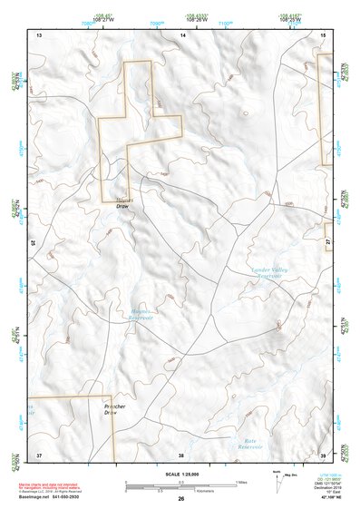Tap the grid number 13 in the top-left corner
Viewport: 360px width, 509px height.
39,34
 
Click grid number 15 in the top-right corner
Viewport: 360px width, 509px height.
324,34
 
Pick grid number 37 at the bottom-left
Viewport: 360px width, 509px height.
39,454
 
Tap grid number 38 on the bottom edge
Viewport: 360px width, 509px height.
181,454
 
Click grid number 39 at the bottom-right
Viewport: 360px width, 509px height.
323,454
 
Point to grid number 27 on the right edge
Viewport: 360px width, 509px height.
328,238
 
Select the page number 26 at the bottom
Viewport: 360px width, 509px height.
181,499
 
